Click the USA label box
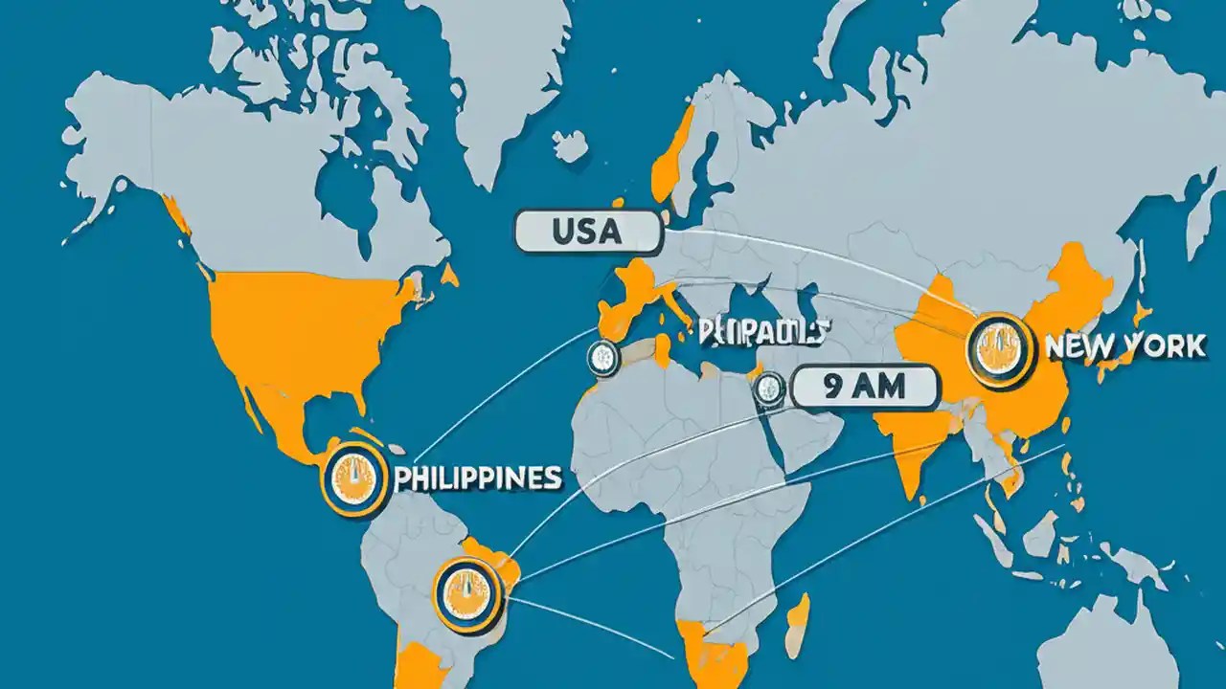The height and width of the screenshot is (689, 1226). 587,233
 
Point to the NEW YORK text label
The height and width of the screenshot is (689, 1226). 1125,346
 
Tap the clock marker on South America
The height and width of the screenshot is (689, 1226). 467,594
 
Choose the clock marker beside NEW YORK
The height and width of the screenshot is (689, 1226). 1001,348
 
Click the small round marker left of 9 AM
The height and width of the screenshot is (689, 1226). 769,388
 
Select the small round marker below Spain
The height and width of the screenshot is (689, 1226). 604,356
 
